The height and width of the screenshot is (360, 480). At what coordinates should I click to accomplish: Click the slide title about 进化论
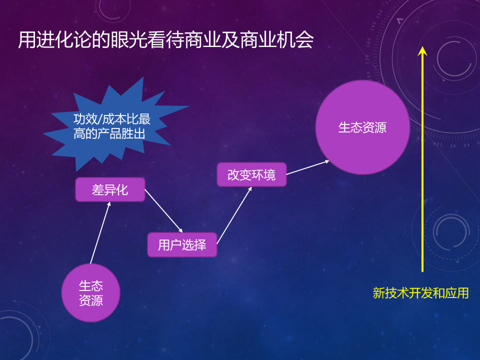[165, 40]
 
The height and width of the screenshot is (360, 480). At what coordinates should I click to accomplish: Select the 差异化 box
[110, 190]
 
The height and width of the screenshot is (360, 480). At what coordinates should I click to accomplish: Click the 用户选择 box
[182, 245]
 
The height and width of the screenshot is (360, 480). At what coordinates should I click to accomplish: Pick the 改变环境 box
[251, 174]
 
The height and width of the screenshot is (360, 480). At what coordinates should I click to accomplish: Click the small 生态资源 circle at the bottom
[91, 293]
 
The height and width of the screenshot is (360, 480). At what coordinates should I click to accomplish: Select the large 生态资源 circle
[363, 127]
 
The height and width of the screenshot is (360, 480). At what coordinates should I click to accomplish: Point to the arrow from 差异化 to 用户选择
[164, 211]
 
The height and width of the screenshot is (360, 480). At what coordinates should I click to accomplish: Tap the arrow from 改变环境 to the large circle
[308, 167]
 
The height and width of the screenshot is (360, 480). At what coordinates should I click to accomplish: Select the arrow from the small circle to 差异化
[100, 232]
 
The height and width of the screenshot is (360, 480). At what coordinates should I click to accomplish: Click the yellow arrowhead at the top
[422, 51]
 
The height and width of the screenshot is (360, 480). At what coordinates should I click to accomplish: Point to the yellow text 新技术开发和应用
[420, 293]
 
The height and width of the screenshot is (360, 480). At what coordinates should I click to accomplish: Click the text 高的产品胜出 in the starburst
[109, 134]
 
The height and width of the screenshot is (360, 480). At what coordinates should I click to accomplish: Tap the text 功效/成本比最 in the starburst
[111, 119]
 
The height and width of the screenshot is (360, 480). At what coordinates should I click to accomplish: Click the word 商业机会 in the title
[276, 40]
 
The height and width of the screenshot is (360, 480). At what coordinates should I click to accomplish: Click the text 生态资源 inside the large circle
[362, 127]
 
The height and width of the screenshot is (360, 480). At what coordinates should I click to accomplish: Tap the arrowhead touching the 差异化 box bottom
[109, 204]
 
